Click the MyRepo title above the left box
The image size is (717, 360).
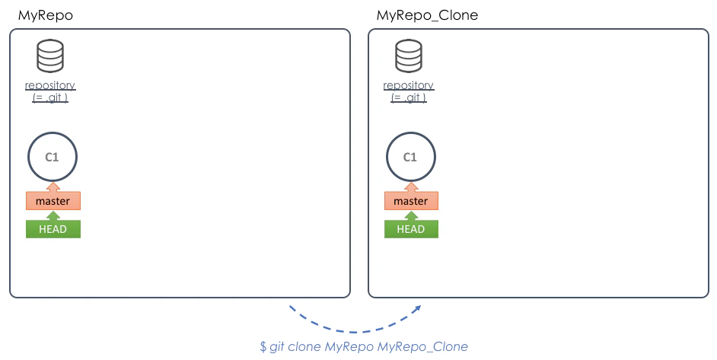(x=45, y=15)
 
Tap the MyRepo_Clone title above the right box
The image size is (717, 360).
(x=427, y=15)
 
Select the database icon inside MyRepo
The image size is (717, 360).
(x=50, y=56)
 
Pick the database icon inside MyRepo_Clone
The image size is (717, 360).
(x=409, y=56)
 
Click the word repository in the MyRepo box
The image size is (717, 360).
(x=50, y=85)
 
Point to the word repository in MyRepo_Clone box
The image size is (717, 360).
(x=409, y=85)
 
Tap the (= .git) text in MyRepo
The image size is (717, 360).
(x=50, y=97)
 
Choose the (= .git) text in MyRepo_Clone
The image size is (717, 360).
(x=409, y=97)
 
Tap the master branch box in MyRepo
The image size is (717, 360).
(x=53, y=201)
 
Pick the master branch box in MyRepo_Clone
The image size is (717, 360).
(x=411, y=201)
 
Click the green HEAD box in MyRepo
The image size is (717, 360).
(x=53, y=229)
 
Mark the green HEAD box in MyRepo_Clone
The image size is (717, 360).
(x=411, y=229)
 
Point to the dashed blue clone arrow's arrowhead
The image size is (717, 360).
(x=416, y=309)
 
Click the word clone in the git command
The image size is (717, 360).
(x=304, y=347)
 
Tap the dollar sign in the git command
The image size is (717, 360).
(x=263, y=347)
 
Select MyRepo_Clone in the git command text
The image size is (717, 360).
(x=422, y=347)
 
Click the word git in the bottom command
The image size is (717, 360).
(x=277, y=347)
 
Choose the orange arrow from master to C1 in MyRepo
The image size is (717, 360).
(x=53, y=187)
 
